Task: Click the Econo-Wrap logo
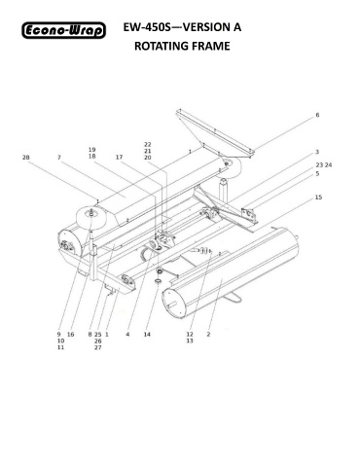[x=64, y=30]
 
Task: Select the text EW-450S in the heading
[x=147, y=27]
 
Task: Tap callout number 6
[x=317, y=115]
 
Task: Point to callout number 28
[x=26, y=158]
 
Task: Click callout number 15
[x=318, y=198]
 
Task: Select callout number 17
[x=120, y=158]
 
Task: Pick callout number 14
[x=147, y=335]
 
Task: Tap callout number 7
[x=59, y=158]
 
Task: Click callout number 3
[x=317, y=152]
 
